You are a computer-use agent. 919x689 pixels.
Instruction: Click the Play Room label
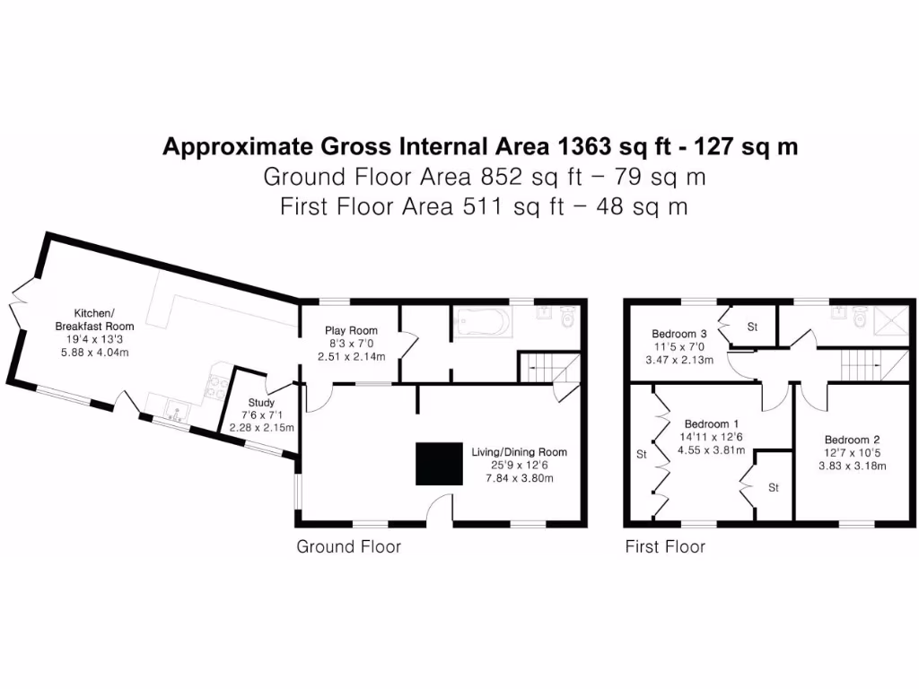351,330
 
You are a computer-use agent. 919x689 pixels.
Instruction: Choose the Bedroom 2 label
855,440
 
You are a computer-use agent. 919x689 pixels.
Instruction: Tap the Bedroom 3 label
678,334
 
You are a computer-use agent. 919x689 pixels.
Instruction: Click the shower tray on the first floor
892,318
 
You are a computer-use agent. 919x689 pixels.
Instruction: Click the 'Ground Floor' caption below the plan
348,546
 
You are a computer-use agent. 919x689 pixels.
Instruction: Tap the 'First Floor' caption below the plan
665,546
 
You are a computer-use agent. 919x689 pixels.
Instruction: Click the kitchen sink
177,412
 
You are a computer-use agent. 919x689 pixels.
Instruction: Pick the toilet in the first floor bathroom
860,317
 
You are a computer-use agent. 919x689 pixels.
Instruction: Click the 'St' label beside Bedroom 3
752,327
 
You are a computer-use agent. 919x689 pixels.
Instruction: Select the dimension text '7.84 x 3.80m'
519,478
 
